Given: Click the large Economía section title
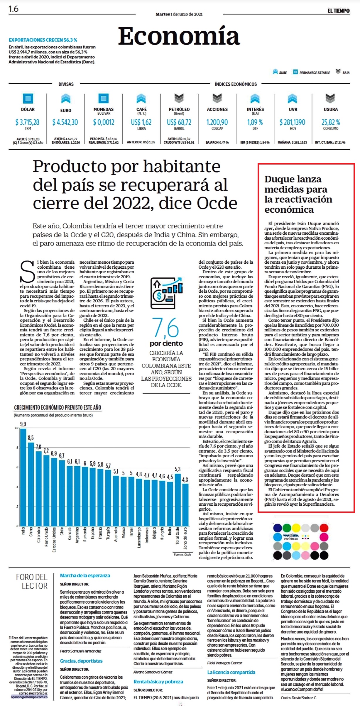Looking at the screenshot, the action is (179, 36).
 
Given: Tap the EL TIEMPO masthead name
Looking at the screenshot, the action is (339, 11).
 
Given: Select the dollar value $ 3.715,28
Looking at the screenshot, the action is (27, 122).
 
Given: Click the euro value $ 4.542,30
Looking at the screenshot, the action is (65, 122).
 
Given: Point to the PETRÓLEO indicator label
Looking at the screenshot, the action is (179, 109).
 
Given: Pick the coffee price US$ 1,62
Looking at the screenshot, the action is (141, 122).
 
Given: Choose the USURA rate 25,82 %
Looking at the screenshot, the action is (331, 122).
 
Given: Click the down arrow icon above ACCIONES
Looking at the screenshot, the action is (217, 98).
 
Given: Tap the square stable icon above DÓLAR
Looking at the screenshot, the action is (28, 98).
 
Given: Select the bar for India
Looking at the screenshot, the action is (23, 477).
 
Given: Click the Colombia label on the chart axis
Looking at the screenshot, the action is (38, 535).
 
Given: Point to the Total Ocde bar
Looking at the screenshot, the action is (178, 500).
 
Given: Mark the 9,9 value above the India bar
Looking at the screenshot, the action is (23, 424).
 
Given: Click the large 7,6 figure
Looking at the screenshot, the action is (165, 328).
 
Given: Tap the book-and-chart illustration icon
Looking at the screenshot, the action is (166, 292).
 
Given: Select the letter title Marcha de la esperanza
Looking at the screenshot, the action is (85, 575).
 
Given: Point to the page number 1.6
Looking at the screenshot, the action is (13, 9).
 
